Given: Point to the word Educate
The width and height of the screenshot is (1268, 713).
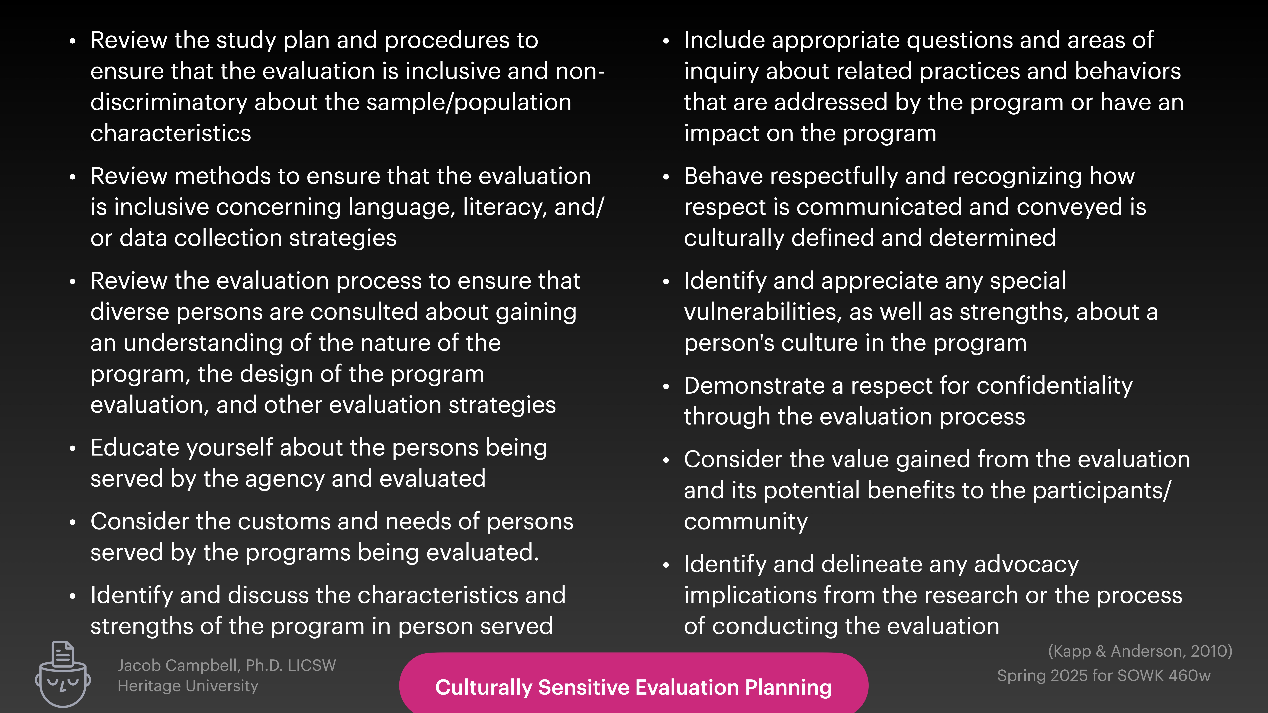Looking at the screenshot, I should (134, 448).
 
